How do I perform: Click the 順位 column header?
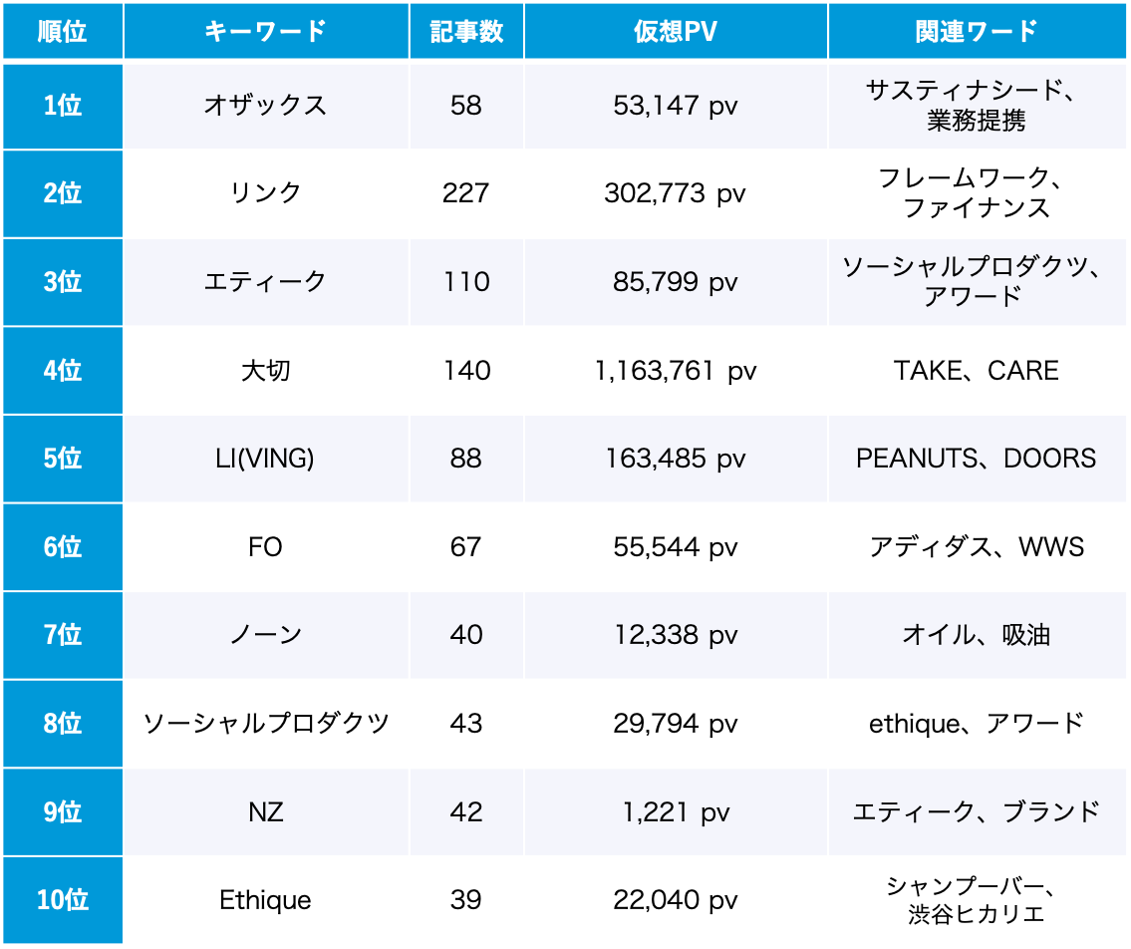62,31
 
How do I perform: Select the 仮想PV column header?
675,31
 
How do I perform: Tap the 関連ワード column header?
976,31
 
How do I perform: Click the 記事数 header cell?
465,31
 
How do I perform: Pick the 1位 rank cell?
62,106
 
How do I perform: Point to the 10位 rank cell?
62,900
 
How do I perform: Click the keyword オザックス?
265,106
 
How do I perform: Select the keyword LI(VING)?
265,459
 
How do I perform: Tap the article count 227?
465,193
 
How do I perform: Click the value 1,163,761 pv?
675,371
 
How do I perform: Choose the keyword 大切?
265,371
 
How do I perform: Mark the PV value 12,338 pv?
675,635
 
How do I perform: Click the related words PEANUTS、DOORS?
976,459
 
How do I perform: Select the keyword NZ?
265,812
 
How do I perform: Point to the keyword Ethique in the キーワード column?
265,900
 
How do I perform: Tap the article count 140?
465,371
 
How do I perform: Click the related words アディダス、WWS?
976,547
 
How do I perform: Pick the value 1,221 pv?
675,812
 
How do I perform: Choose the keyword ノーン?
265,635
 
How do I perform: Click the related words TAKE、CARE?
976,371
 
